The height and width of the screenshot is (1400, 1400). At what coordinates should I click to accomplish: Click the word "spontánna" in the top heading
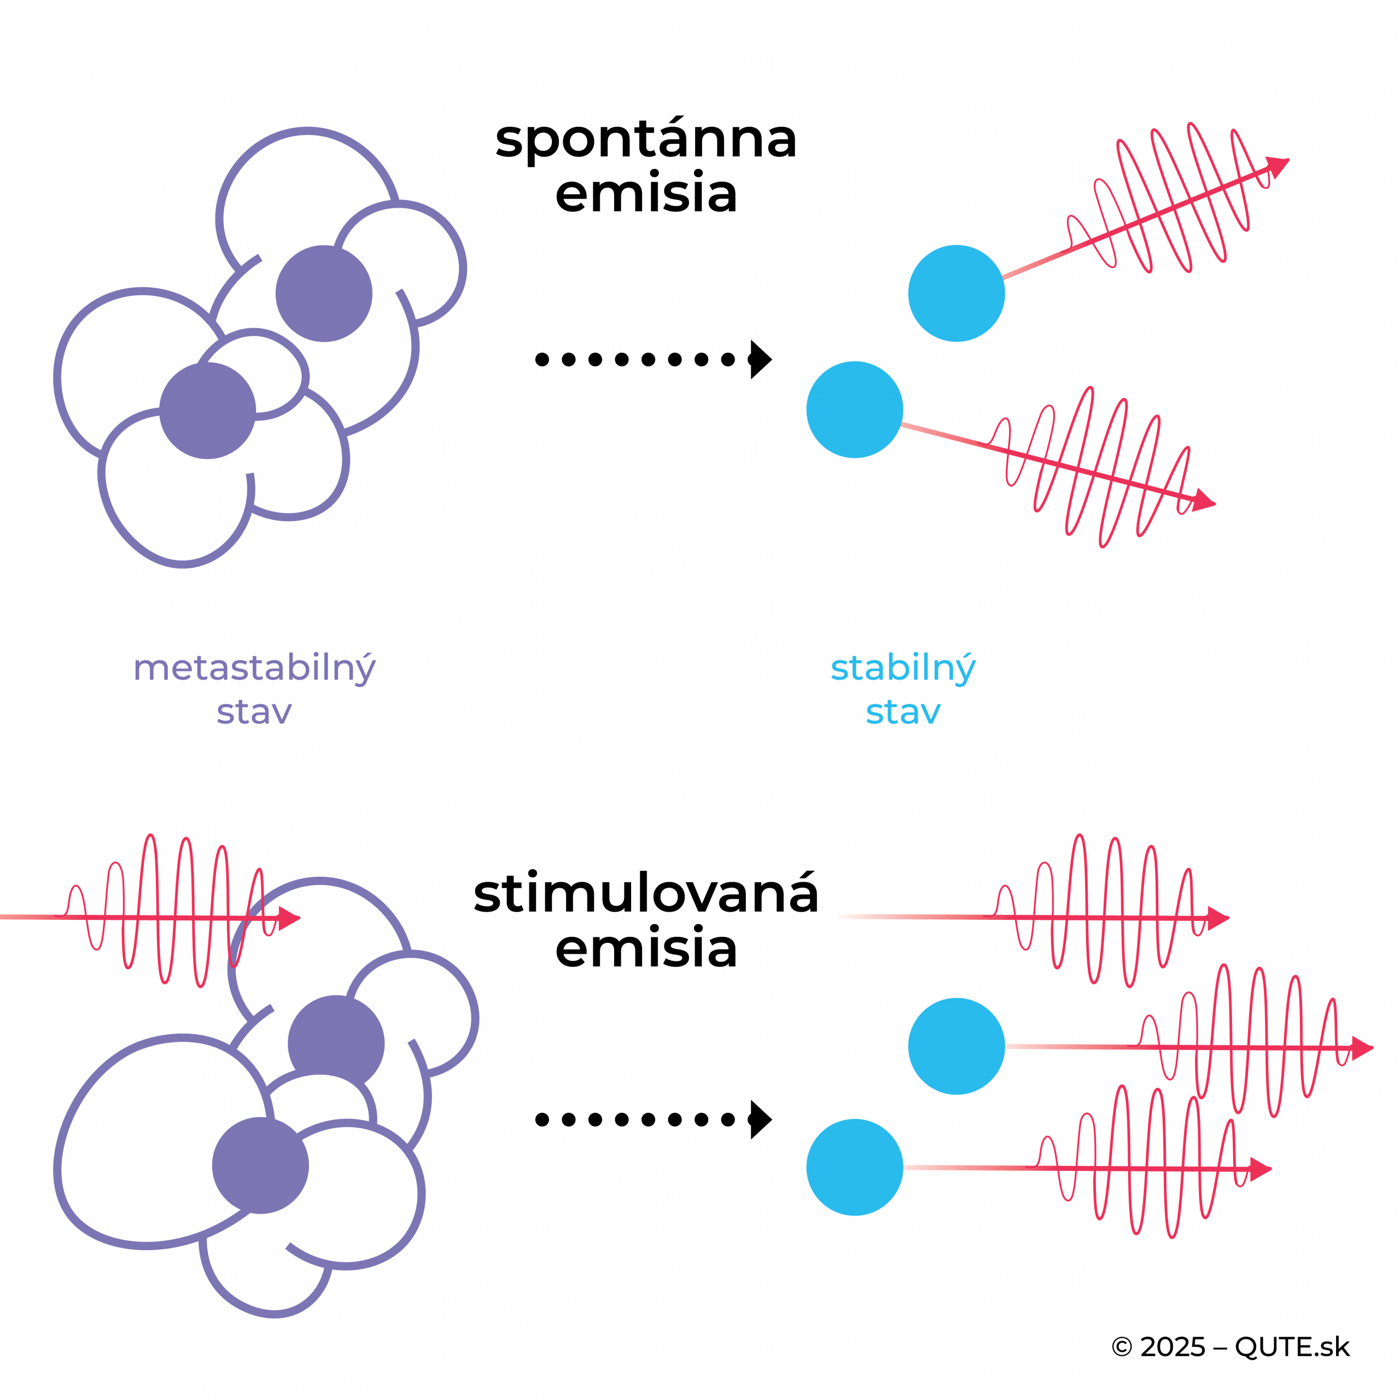[646, 140]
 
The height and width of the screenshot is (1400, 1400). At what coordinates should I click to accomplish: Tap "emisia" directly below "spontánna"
[646, 194]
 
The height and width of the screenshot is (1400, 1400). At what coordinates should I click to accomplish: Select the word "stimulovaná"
[646, 894]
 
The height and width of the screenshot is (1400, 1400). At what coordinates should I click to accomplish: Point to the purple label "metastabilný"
[254, 668]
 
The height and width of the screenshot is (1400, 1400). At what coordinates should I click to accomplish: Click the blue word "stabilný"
[903, 668]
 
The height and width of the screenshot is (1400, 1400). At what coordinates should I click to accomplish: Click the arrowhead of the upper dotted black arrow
[761, 359]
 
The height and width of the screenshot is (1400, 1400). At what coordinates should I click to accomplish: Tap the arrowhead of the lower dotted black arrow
[761, 1119]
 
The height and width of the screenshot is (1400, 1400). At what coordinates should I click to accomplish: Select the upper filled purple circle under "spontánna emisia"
[324, 294]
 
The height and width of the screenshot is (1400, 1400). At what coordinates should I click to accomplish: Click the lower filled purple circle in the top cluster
[207, 411]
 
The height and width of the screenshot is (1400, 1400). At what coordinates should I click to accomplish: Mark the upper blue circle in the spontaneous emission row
[956, 294]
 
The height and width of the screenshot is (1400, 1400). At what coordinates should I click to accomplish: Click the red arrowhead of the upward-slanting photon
[1277, 166]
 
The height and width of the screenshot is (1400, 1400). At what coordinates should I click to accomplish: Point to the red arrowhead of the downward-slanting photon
[1204, 500]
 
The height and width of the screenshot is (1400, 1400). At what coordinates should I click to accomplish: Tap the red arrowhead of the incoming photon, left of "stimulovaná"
[288, 918]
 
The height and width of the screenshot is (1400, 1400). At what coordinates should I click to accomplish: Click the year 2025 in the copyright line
[1172, 1347]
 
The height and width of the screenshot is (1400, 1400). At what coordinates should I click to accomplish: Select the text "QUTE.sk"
[1292, 1347]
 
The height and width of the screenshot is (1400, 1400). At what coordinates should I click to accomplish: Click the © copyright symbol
[1121, 1347]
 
